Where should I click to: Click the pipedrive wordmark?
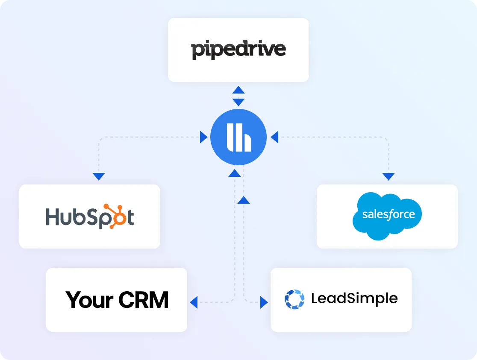(238, 50)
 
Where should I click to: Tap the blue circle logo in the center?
(238, 138)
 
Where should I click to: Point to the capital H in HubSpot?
(53, 217)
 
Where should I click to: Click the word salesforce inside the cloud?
(388, 214)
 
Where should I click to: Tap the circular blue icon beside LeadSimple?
(294, 299)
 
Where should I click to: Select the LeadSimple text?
(354, 299)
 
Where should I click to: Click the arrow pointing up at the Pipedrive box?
(238, 90)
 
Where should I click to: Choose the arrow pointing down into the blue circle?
(238, 102)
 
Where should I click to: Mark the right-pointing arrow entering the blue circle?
(204, 138)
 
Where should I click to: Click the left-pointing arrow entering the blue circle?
(274, 138)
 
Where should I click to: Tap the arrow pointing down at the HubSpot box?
(99, 176)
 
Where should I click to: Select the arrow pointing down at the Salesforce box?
(389, 176)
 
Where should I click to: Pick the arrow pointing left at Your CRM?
(194, 302)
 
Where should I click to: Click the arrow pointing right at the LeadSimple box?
(264, 302)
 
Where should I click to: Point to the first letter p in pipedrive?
(197, 51)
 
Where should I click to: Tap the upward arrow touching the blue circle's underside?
(234, 173)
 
